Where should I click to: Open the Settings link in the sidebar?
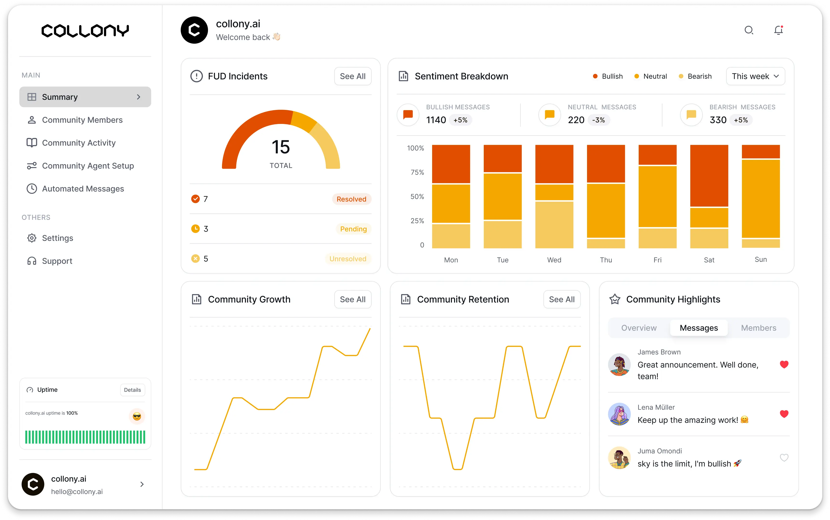pyautogui.click(x=57, y=238)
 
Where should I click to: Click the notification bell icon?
pyautogui.click(x=778, y=30)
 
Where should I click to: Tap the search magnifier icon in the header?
pyautogui.click(x=748, y=30)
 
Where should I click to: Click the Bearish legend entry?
pyautogui.click(x=695, y=76)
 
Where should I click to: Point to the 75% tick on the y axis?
pyautogui.click(x=417, y=172)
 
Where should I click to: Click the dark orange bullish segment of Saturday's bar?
pyautogui.click(x=709, y=176)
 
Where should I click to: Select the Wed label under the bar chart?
pyautogui.click(x=554, y=260)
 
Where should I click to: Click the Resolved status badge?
pyautogui.click(x=351, y=199)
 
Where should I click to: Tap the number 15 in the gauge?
pyautogui.click(x=281, y=147)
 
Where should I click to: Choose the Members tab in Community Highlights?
pyautogui.click(x=758, y=328)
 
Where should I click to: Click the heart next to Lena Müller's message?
pyautogui.click(x=784, y=414)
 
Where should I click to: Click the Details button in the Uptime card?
pyautogui.click(x=132, y=390)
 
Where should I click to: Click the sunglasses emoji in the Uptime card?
pyautogui.click(x=137, y=417)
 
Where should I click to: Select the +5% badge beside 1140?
pyautogui.click(x=460, y=120)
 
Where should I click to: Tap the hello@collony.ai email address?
pyautogui.click(x=77, y=492)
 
